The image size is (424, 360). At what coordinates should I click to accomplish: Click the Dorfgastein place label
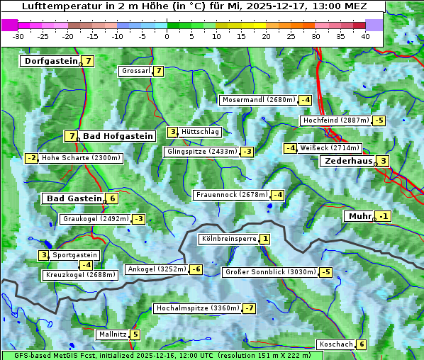50,61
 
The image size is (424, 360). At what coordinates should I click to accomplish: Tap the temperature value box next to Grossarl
159,71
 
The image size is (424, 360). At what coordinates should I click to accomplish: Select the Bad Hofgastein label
118,136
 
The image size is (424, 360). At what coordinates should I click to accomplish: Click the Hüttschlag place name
201,132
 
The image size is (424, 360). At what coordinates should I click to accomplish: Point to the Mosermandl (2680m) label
258,100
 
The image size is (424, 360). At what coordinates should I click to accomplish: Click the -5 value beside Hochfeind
379,120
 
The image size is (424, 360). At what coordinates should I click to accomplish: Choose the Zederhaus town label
348,161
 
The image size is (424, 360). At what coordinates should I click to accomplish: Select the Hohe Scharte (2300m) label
81,158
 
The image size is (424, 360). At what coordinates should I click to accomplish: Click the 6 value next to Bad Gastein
112,198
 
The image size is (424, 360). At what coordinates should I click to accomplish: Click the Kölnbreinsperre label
228,239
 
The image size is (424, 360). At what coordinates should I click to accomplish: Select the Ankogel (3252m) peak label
156,269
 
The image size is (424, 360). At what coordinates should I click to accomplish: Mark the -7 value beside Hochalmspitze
250,308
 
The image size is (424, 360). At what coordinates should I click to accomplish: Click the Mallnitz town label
113,334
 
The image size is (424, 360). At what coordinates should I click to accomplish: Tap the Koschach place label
335,344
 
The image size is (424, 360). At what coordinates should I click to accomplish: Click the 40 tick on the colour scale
365,35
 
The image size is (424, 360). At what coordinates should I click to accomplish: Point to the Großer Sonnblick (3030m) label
269,272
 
